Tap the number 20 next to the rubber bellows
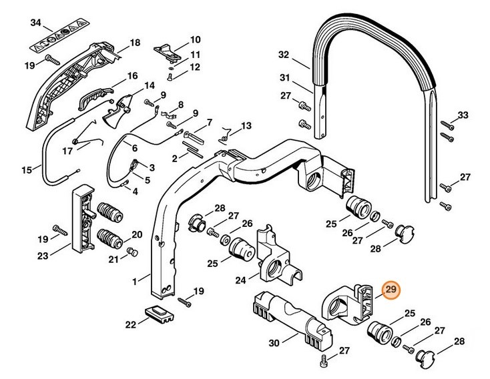click(137, 234)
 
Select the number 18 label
click(135, 43)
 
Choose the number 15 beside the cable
click(27, 170)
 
